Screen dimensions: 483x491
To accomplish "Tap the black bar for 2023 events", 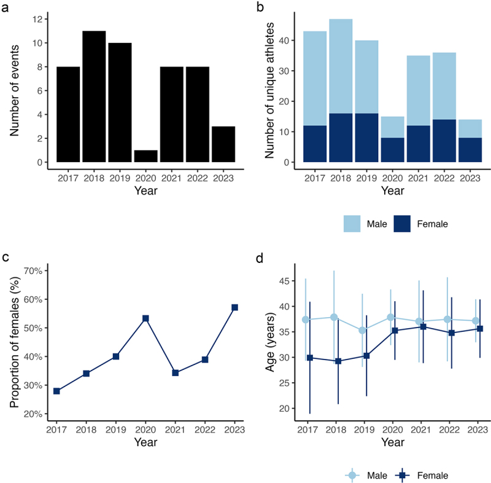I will click(223, 144).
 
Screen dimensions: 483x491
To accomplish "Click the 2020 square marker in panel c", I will click(145, 318).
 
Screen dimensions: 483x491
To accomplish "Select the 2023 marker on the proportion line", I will click(234, 307).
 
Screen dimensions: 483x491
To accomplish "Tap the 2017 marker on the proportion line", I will click(56, 391).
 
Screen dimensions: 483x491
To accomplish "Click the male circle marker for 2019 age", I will click(363, 330).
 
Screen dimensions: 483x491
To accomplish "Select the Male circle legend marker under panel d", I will click(352, 474).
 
